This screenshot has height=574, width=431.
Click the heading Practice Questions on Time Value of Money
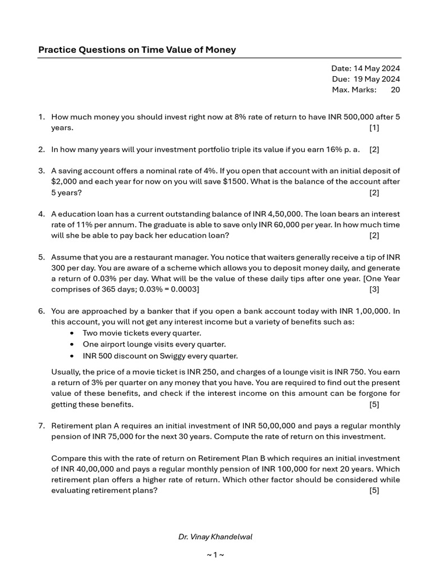point(137,50)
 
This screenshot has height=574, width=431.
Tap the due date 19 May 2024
point(377,79)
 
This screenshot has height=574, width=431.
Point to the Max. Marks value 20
point(395,90)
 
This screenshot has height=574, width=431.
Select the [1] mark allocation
point(374,128)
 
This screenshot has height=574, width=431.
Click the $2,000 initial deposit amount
point(65,182)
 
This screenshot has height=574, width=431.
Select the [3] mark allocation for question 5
point(374,289)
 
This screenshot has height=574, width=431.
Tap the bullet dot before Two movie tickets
point(72,333)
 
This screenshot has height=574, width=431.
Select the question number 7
point(42,425)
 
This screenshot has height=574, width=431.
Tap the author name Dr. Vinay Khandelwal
point(215,537)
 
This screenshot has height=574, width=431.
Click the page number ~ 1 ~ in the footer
point(215,555)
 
